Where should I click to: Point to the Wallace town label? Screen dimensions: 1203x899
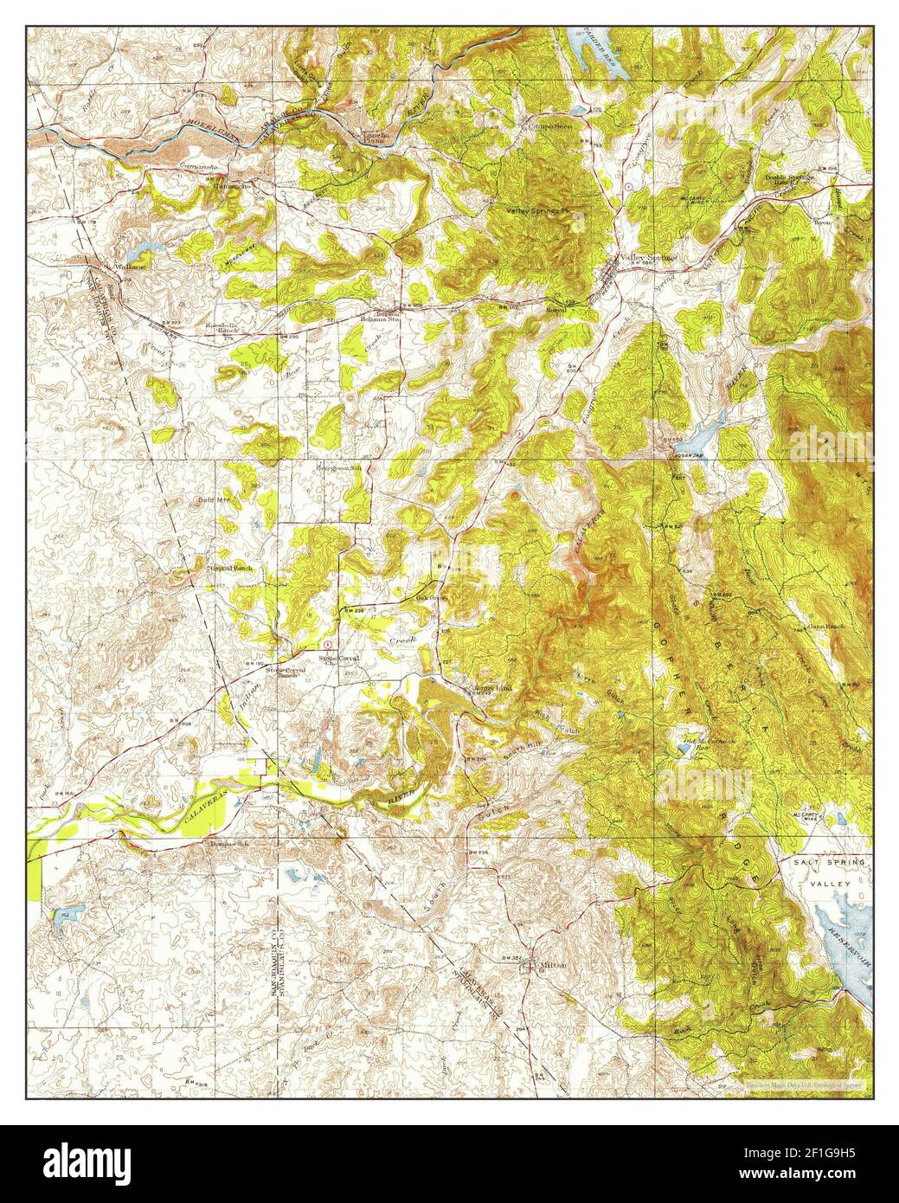[x=135, y=267]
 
